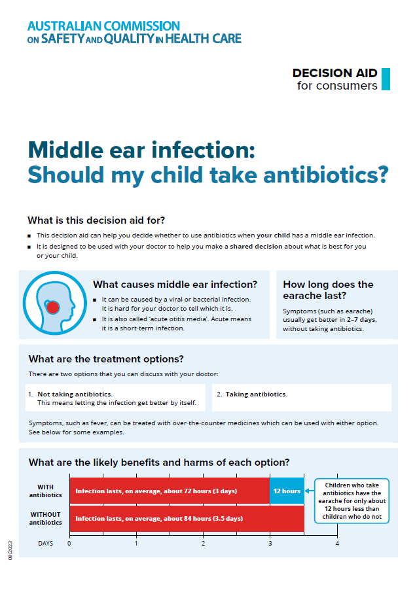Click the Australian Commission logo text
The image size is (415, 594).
point(134,32)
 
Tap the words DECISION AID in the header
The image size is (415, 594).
point(334,73)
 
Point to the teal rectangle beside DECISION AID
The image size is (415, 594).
point(386,79)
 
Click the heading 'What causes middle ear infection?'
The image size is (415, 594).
point(175,285)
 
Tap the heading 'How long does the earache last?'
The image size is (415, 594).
point(328,290)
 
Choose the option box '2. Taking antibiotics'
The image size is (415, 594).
point(302,397)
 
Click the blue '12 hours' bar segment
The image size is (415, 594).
point(287,491)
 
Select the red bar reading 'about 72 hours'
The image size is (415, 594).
point(170,491)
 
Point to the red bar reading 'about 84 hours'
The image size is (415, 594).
point(187,519)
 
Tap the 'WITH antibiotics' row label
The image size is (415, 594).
point(46,491)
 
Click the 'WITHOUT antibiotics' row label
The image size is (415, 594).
point(46,519)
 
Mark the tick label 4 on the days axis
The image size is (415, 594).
point(337,544)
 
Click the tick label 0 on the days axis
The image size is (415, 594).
point(69,544)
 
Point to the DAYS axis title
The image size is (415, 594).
point(46,544)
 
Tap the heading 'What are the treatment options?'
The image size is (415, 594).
point(106,359)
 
